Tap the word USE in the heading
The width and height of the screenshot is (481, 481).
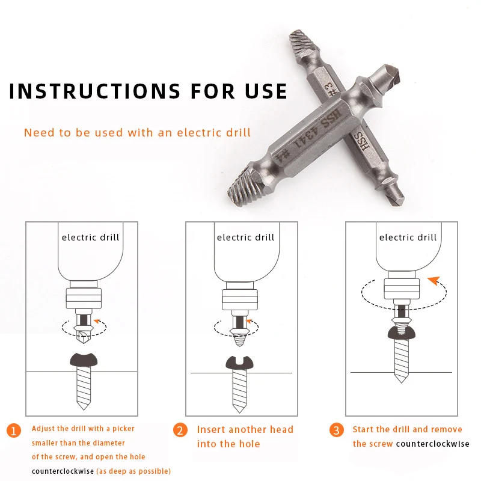click(266, 91)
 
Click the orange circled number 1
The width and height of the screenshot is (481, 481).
click(14, 430)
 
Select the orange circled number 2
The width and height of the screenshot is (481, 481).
click(180, 430)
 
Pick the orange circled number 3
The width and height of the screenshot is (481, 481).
click(337, 430)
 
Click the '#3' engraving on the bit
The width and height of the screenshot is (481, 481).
click(331, 90)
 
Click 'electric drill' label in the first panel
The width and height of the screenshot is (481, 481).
click(91, 237)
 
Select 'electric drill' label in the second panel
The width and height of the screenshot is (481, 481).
click(246, 237)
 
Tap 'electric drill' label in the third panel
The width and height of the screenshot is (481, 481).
click(408, 237)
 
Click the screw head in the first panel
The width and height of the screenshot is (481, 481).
click(84, 360)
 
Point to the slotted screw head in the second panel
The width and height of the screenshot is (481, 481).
click(239, 363)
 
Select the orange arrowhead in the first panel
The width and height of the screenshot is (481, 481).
click(97, 321)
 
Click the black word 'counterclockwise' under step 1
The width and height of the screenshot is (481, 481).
click(63, 471)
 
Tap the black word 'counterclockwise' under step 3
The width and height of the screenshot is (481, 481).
click(432, 444)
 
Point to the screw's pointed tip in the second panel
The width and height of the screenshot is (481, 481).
click(239, 412)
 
